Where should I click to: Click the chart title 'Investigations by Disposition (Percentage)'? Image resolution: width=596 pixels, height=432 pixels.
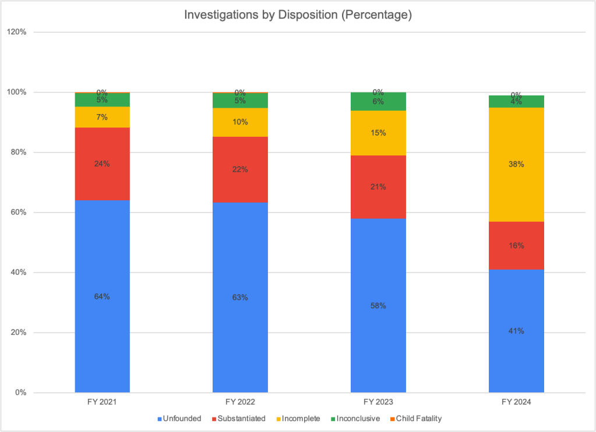pyautogui.click(x=298, y=16)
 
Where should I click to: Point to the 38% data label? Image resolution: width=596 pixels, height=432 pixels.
pyautogui.click(x=516, y=164)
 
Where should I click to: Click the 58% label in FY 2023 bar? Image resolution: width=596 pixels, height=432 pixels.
pyautogui.click(x=378, y=306)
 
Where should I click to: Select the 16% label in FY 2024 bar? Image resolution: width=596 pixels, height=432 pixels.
pyautogui.click(x=516, y=246)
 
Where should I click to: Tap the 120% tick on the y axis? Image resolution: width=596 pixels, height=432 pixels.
pyautogui.click(x=16, y=32)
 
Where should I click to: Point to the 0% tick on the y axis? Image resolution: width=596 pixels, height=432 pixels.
pyautogui.click(x=20, y=392)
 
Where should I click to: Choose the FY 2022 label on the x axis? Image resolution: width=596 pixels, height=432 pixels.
pyautogui.click(x=240, y=402)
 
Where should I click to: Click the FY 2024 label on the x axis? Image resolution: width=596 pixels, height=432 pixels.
pyautogui.click(x=516, y=402)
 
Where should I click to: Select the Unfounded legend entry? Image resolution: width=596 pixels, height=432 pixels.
pyautogui.click(x=180, y=418)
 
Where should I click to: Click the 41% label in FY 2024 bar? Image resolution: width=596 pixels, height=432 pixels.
pyautogui.click(x=516, y=331)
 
